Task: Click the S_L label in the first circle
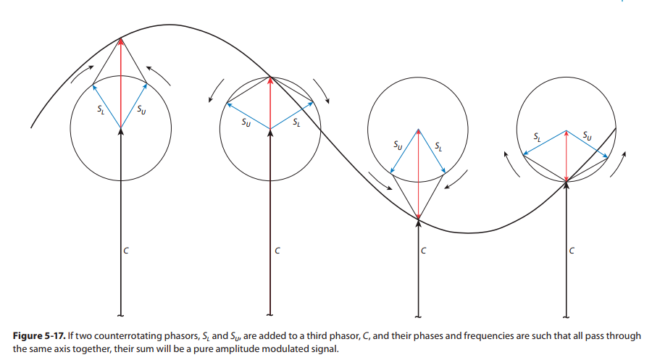(100, 110)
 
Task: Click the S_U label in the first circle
(141, 110)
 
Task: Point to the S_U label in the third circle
(398, 146)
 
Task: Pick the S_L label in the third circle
(439, 147)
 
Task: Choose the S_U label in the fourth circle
(588, 136)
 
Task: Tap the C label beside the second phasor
(277, 251)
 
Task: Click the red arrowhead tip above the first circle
(121, 38)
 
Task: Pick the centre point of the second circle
(270, 129)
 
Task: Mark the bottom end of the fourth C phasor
(567, 315)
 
